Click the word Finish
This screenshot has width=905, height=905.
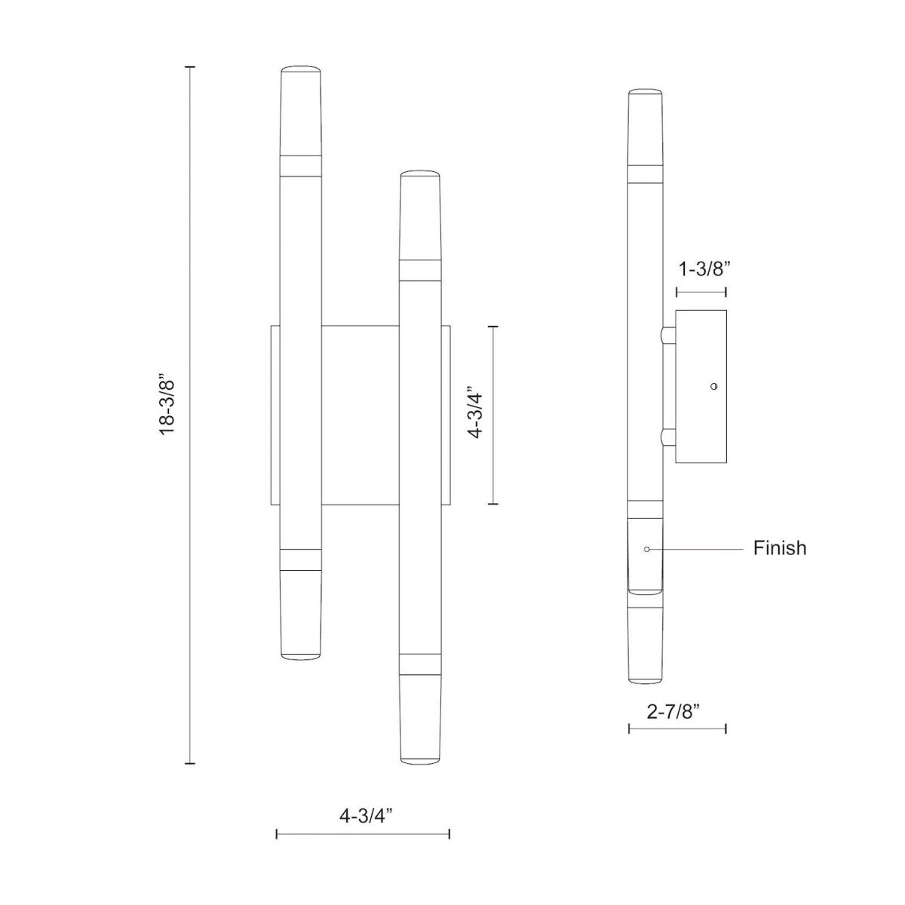click(780, 548)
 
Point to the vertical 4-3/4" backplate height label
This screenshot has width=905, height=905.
click(474, 414)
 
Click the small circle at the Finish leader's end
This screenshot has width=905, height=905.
click(647, 549)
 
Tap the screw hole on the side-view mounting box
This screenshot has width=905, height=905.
click(713, 386)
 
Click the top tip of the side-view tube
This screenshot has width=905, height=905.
click(646, 93)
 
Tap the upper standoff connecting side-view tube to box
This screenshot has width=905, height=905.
click(667, 336)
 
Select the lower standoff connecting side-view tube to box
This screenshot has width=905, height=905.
click(667, 437)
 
